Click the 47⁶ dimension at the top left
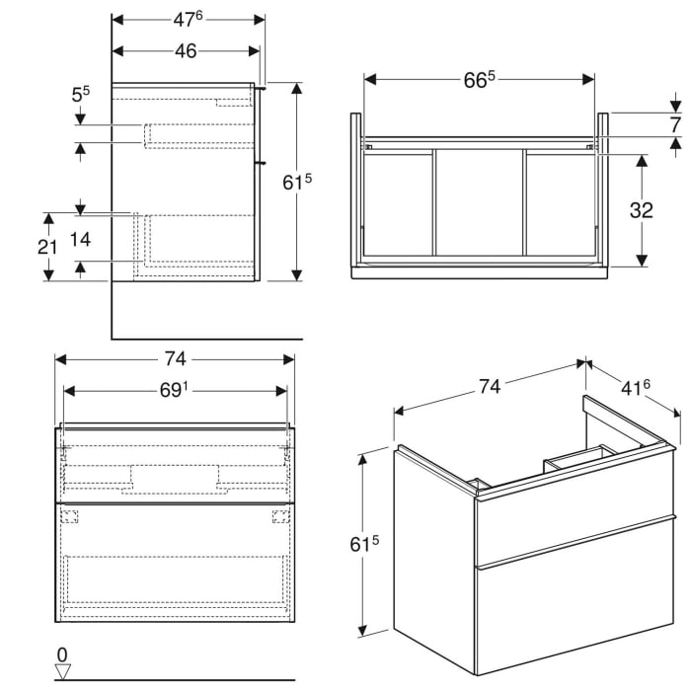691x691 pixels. coord(189,18)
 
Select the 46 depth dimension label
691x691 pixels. coord(186,51)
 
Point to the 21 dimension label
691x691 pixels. coord(46,247)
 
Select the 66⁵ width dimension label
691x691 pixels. coord(480,80)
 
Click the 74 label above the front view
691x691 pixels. coord(175,358)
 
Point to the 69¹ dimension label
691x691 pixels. coord(175,391)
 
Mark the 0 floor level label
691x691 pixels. coord(64,653)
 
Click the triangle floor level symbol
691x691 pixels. coord(64,671)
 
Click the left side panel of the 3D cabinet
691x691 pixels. coord(434,553)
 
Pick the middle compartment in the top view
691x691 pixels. coord(479,202)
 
